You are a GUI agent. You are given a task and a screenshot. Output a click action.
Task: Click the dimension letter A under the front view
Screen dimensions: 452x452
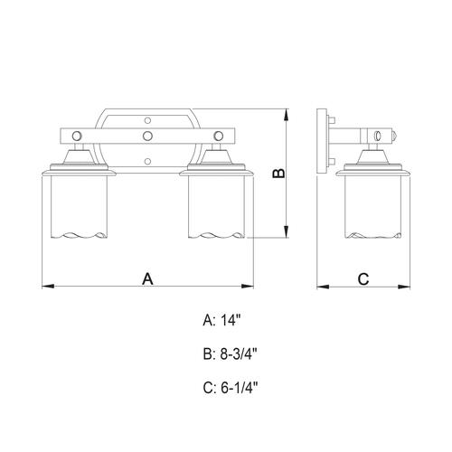tap(147, 278)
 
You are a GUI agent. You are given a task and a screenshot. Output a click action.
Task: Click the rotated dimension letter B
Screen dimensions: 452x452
tap(278, 174)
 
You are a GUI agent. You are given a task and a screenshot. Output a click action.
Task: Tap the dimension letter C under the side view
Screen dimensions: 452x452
tap(363, 279)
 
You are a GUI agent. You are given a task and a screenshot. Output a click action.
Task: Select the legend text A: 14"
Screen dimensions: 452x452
tap(222, 320)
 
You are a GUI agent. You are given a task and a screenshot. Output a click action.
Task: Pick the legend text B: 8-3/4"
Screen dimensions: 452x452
tap(231, 353)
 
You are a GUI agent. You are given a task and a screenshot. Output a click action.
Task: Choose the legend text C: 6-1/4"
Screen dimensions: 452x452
tap(231, 388)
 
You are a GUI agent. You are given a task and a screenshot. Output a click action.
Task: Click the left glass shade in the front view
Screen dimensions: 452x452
tap(80, 206)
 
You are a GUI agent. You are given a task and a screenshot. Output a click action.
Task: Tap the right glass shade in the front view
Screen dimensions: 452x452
tap(216, 206)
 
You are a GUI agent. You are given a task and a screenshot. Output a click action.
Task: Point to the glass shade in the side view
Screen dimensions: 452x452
tap(373, 206)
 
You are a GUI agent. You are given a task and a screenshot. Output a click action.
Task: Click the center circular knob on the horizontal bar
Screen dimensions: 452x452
tap(147, 136)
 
